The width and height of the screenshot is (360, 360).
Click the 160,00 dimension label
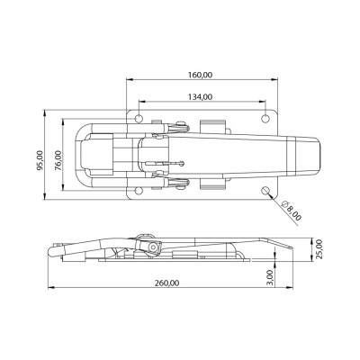pos(200,75)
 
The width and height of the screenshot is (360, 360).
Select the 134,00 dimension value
pos(200,96)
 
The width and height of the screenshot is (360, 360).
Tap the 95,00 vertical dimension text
pos(40,160)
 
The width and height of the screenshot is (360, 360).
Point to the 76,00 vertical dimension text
pos(58,160)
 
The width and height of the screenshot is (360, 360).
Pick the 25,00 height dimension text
pos(319,249)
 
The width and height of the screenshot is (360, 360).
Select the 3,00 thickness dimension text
pos(270,277)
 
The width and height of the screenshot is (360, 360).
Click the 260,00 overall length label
pos(167,283)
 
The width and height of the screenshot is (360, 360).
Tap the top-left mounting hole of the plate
pos(139,119)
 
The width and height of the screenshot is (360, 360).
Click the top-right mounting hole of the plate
pos(265,119)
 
